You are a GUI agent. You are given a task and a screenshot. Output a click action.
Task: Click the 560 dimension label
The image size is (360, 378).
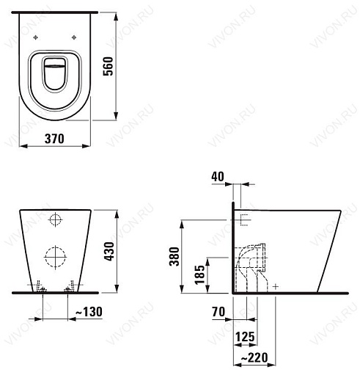(x=108, y=66)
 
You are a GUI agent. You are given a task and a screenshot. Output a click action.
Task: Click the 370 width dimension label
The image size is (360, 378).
(x=54, y=139)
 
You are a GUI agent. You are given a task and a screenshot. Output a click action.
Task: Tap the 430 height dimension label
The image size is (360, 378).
(x=109, y=251)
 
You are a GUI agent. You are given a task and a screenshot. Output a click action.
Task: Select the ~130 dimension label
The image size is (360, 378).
(x=89, y=312)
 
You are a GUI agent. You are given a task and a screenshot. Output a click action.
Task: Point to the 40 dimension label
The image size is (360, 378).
(x=218, y=176)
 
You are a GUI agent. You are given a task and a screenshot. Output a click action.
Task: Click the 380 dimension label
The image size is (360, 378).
(x=175, y=256)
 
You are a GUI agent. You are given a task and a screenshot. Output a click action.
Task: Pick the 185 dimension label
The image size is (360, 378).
(x=199, y=275)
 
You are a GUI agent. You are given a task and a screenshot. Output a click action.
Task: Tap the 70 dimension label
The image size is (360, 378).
(x=218, y=312)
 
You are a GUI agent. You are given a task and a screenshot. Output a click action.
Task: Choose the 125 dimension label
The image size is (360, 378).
(x=245, y=337)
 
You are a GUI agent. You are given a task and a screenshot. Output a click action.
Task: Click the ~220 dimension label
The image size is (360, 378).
(x=254, y=358)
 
